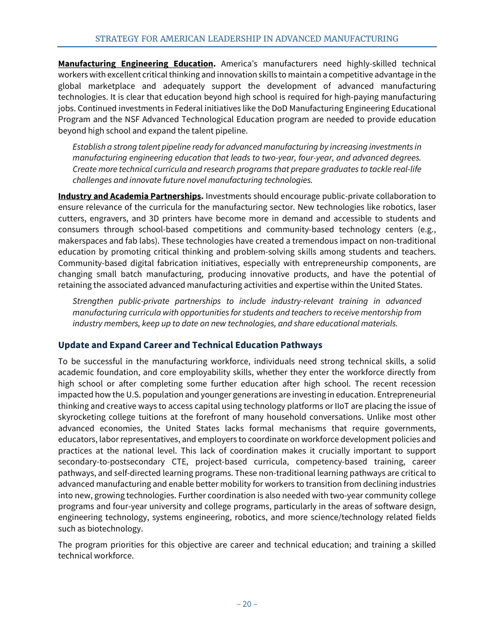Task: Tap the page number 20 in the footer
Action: [x=246, y=604]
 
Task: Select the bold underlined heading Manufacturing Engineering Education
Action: [x=136, y=64]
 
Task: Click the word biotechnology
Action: [x=118, y=529]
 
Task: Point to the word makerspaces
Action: [x=82, y=241]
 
